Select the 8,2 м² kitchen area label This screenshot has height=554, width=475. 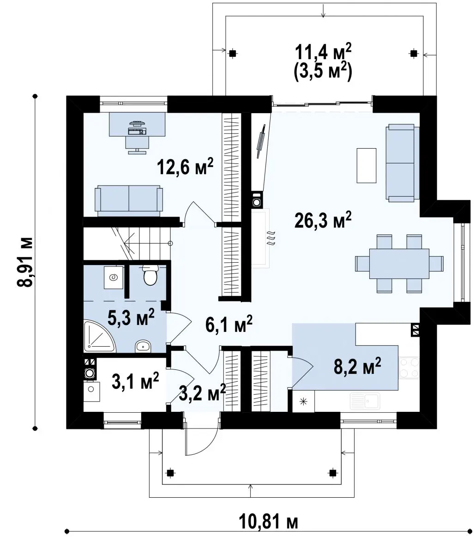pyautogui.click(x=357, y=366)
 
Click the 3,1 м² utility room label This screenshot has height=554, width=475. pyautogui.click(x=135, y=380)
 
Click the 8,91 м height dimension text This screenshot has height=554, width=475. pyautogui.click(x=26, y=262)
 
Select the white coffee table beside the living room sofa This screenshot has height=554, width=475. pyautogui.click(x=367, y=165)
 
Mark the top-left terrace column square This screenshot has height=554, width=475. pyautogui.click(x=233, y=53)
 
